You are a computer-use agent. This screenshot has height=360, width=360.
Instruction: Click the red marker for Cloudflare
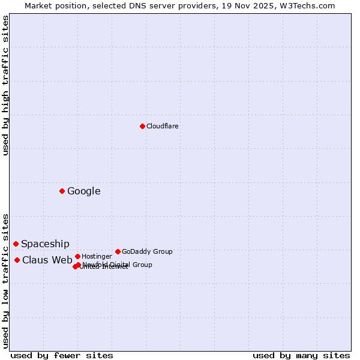coord(142,126)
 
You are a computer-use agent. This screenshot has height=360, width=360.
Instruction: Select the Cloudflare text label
coord(162,127)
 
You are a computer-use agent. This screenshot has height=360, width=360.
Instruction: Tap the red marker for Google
coord(62,191)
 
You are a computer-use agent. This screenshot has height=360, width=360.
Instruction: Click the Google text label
coord(83,191)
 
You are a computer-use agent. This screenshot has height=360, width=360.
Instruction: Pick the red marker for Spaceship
coord(16,244)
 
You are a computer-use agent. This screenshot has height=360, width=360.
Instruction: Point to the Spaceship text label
coord(45,244)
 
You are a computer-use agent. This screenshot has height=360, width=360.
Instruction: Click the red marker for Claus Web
coord(17,260)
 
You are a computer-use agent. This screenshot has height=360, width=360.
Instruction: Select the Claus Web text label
coord(47,260)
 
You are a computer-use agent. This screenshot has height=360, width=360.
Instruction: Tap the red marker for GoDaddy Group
coord(118,251)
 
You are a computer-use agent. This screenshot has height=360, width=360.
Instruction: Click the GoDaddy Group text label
coord(147,252)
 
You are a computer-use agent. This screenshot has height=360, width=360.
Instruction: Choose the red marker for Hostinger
coord(77,256)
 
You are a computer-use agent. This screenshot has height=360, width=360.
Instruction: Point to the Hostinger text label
coord(97,257)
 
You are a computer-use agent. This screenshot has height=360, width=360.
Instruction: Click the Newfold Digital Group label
coord(118,265)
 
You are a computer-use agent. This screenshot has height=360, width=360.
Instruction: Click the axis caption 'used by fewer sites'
coord(62,356)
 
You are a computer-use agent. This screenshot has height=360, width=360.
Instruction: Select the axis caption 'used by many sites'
coord(301,356)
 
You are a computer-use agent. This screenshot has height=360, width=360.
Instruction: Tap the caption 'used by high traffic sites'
coord(5,85)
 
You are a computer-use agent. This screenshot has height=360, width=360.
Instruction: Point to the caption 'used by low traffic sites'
coord(5,281)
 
